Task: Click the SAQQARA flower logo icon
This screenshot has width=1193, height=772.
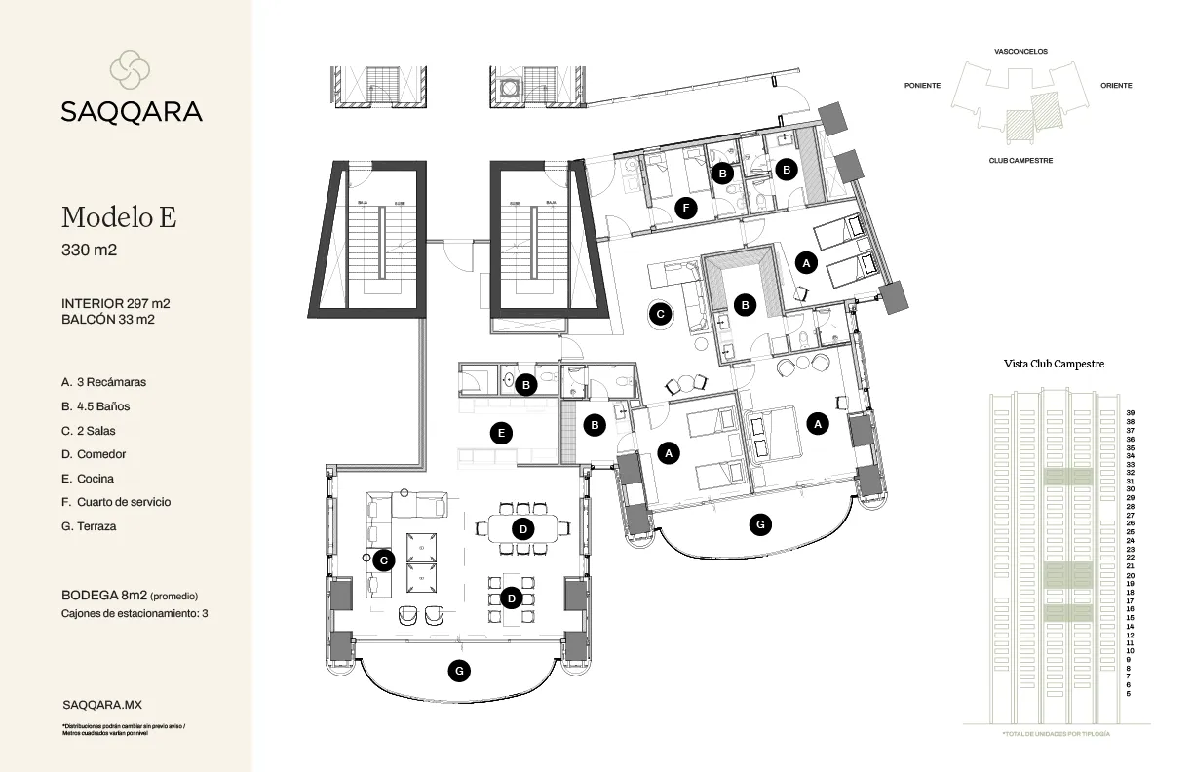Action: click(x=130, y=68)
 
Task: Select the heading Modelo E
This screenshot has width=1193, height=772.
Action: click(x=118, y=217)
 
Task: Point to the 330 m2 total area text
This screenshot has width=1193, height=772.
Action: click(x=89, y=251)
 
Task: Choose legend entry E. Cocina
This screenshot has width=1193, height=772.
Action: click(x=87, y=479)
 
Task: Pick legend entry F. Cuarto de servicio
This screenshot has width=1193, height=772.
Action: click(x=115, y=502)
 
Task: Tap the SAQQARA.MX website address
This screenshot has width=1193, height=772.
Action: click(x=101, y=703)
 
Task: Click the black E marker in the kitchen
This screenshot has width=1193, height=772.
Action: click(x=501, y=434)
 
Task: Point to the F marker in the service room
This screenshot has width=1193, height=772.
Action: click(x=687, y=208)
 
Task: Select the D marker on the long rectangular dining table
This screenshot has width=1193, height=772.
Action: click(x=522, y=529)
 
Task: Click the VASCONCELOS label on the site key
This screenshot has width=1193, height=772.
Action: click(x=1020, y=51)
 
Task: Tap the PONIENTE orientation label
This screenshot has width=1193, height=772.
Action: click(x=922, y=86)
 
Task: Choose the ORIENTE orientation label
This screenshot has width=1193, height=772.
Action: click(x=1116, y=86)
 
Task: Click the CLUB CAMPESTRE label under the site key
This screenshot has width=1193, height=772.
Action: click(x=1020, y=160)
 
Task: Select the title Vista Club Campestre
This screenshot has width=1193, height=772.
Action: click(x=1054, y=364)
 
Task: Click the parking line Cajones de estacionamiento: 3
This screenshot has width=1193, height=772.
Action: click(x=135, y=614)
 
